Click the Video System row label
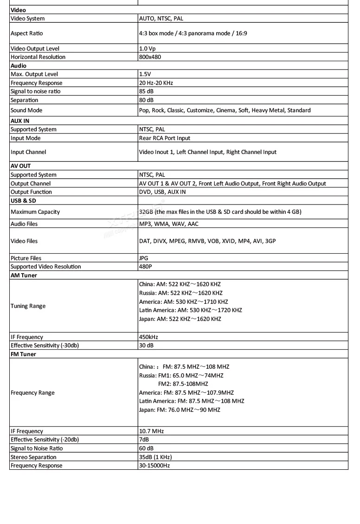(28, 19)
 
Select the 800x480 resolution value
(150, 57)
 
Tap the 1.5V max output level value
(145, 74)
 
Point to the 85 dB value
(146, 91)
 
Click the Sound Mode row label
(26, 110)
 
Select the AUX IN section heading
(20, 121)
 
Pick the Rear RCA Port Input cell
(164, 138)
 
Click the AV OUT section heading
(20, 166)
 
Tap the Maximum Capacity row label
(35, 212)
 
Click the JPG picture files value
(144, 258)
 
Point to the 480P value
(146, 267)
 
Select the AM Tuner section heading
(24, 275)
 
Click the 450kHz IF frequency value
(148, 337)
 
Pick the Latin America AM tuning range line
(190, 310)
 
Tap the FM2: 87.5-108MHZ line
(183, 384)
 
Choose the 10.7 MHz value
(151, 431)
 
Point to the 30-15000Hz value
(154, 466)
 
